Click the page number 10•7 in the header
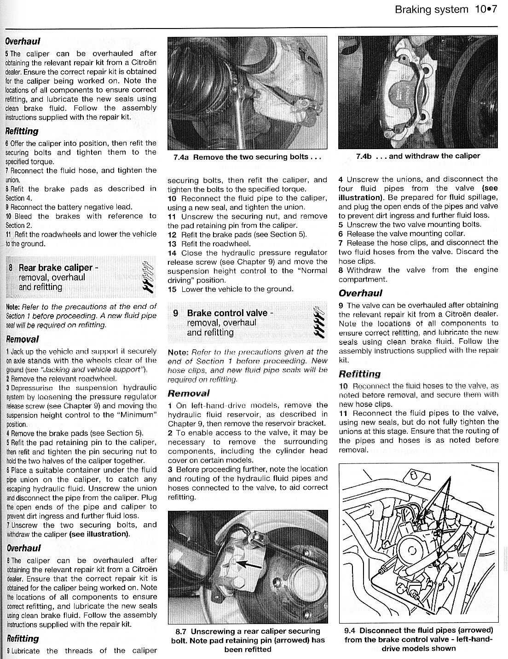(x=485, y=10)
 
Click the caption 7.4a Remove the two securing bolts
(x=247, y=157)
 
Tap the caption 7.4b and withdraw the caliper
(x=418, y=156)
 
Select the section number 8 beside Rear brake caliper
(x=11, y=268)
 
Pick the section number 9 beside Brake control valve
(x=176, y=313)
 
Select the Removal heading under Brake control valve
(x=189, y=393)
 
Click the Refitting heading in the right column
(x=359, y=374)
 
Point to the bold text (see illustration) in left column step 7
(x=99, y=534)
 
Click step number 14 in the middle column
(x=172, y=253)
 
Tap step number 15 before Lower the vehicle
(x=172, y=289)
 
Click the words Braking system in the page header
(x=431, y=10)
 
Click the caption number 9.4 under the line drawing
(x=351, y=630)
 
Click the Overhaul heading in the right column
(x=360, y=293)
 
